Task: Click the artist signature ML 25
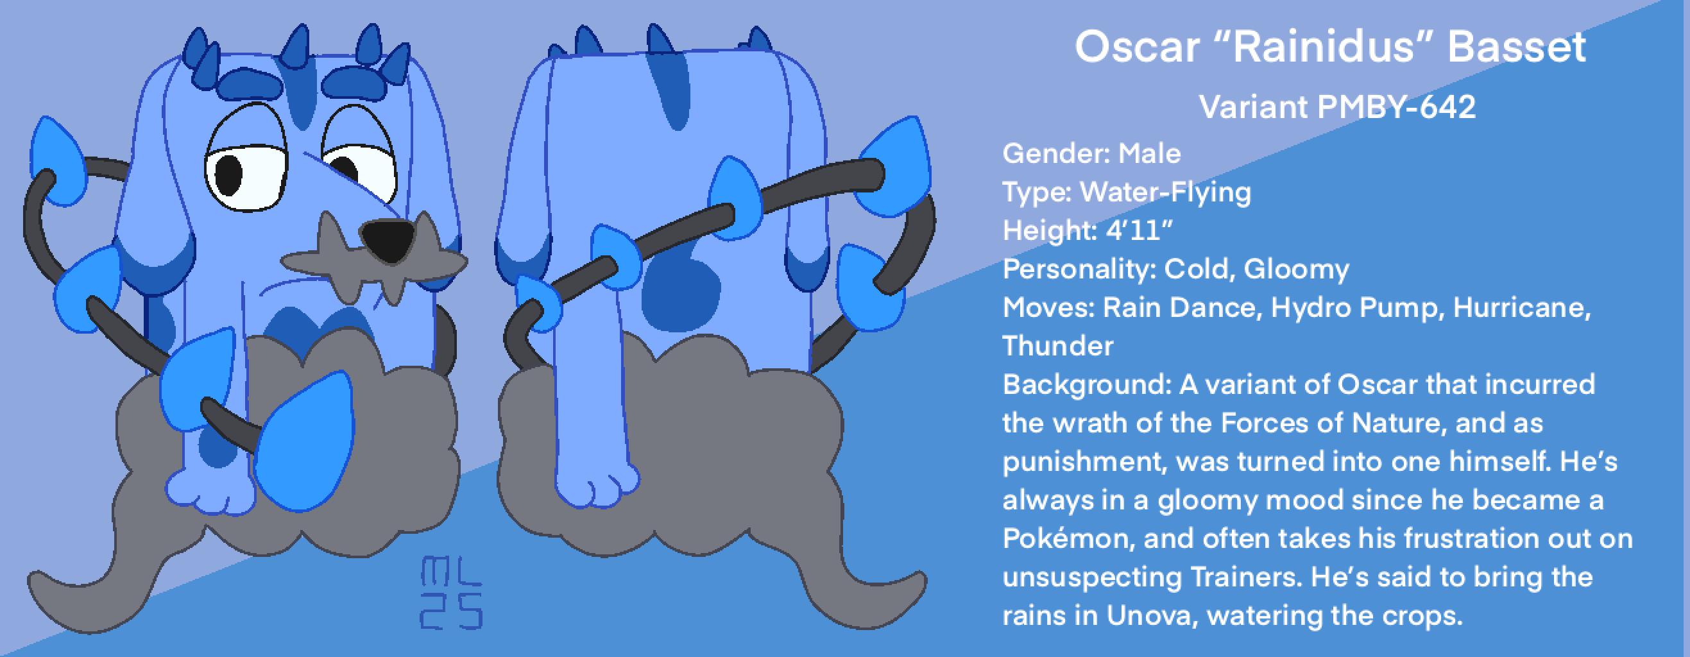pos(451,593)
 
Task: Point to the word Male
pos(1149,153)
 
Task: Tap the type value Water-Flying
pos(1166,192)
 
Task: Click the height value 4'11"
pos(1139,230)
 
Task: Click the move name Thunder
pos(1058,346)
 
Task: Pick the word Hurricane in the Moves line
pos(1522,308)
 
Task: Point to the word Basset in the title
pos(1517,47)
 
